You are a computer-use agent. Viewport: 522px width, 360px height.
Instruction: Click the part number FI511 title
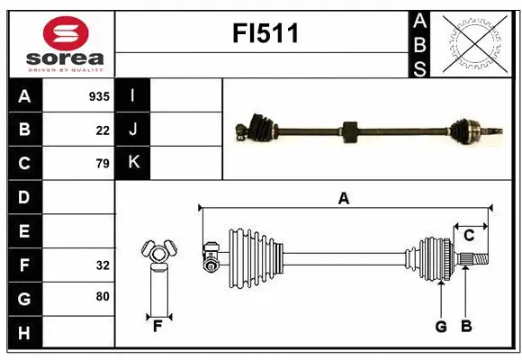coord(265,34)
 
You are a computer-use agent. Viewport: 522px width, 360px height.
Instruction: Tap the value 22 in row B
coord(103,130)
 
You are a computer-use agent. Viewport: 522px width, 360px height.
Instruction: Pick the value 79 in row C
coord(103,164)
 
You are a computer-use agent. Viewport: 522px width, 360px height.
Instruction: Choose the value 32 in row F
coord(103,265)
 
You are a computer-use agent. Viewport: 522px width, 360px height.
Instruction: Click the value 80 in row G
coord(103,296)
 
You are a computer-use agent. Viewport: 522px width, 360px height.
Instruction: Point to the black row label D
coord(24,197)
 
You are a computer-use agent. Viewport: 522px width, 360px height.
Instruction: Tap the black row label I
coord(133,95)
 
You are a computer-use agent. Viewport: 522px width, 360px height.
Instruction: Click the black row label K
coord(133,163)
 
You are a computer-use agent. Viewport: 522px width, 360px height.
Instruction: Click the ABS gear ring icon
coord(475,42)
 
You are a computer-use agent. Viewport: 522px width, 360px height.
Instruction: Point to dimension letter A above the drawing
coord(343,199)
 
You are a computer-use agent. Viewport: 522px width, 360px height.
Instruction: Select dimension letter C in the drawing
coord(470,235)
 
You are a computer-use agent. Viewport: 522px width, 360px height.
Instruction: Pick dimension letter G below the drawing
coord(441,327)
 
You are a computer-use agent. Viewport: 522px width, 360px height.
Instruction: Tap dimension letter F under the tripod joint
coord(157,327)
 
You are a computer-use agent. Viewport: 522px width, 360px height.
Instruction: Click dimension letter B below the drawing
coord(466,327)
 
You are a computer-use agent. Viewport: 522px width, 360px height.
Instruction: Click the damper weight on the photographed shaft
coord(351,131)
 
